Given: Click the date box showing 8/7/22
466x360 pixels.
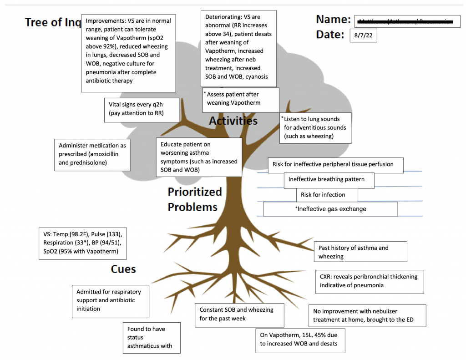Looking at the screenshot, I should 363,35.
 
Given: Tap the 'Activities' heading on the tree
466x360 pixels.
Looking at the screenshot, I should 233,121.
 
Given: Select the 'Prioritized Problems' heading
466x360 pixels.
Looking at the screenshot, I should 194,199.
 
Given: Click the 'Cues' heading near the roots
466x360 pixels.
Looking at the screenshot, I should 123,269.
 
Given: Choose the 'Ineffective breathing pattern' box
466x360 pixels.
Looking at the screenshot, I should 329,180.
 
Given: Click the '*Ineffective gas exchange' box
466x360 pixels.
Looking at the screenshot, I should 330,209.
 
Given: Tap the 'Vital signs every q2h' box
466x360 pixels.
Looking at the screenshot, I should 142,109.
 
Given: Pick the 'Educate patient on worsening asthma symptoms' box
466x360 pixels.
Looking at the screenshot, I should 198,157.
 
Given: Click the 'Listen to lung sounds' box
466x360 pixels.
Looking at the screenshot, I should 315,128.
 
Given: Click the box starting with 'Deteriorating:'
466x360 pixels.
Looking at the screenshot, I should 238,48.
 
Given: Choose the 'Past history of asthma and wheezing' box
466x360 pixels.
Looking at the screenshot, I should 360,252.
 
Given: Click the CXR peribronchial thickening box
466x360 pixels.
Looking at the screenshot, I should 369,281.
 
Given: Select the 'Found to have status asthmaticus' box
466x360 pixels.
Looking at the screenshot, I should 151,338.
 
